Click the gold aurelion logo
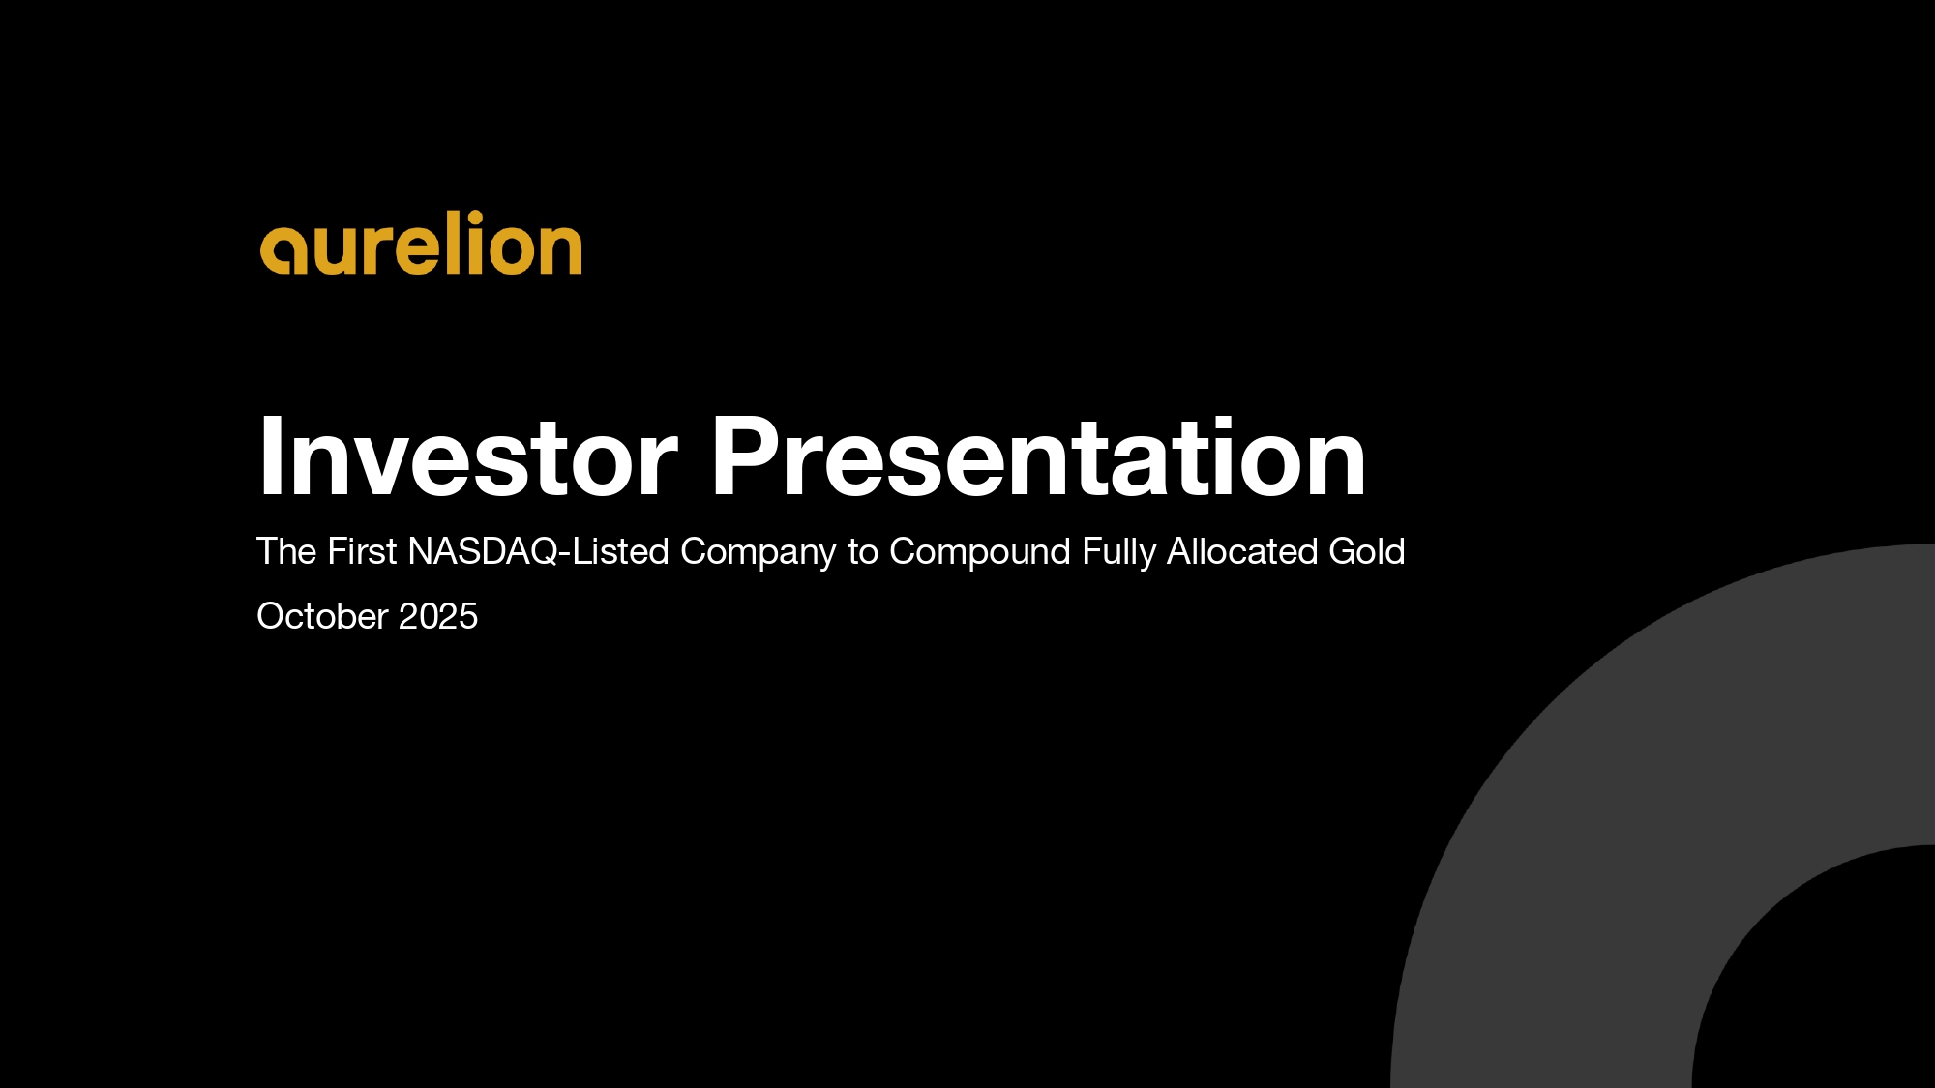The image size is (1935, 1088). point(421,243)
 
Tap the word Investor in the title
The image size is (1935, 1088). point(468,456)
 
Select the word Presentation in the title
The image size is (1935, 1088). point(1039,456)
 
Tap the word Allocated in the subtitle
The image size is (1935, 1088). point(1242,551)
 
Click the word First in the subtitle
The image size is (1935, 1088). point(362,551)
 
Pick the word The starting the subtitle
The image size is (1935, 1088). point(286,551)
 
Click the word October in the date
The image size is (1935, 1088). point(322,616)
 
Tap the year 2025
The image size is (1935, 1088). point(438,616)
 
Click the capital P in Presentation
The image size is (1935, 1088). point(747,456)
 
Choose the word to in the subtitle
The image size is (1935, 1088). point(863,552)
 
